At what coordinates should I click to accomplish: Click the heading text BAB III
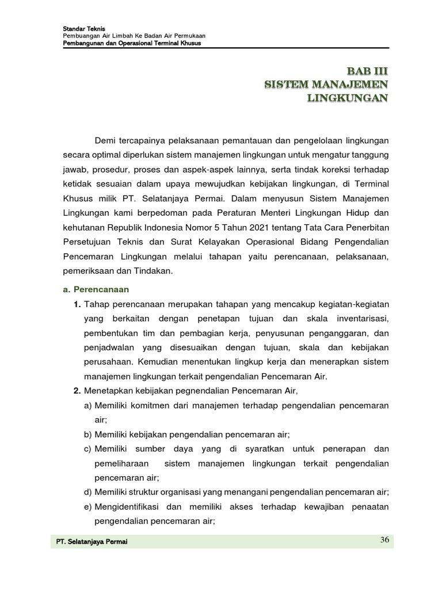(367, 71)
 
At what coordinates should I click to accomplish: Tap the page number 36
(385, 539)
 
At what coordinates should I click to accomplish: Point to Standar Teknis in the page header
(79, 29)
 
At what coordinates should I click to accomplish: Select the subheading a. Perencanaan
(96, 289)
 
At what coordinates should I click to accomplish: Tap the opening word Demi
(106, 140)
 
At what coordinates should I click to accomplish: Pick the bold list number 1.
(76, 304)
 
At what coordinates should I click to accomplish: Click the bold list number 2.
(76, 391)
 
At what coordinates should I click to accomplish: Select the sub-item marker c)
(88, 449)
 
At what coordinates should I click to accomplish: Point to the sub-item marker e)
(88, 507)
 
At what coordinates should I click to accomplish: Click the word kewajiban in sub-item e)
(323, 507)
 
